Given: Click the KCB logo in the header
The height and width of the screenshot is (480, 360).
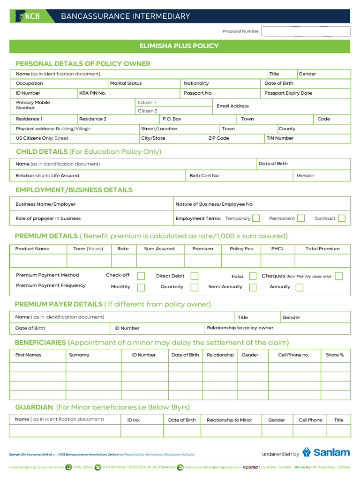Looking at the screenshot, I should (28, 16).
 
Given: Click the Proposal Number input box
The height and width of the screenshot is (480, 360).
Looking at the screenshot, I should (306, 31).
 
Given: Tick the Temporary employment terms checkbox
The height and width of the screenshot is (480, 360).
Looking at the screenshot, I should (256, 218).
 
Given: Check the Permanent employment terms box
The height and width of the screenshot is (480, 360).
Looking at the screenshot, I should (301, 218).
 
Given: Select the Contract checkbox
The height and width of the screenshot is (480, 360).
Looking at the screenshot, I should (342, 218).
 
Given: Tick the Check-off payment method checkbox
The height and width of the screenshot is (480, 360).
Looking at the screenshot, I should (141, 276).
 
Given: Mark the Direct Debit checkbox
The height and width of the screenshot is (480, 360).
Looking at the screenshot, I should (195, 276).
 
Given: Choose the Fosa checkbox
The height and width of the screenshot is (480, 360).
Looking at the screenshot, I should (253, 276).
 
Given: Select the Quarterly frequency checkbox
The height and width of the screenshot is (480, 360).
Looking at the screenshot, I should (195, 287).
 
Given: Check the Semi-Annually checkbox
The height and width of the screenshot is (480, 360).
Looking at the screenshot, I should (253, 287).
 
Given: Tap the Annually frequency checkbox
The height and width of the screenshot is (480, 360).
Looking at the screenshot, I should (300, 287).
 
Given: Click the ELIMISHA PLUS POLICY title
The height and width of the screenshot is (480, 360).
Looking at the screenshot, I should (179, 46).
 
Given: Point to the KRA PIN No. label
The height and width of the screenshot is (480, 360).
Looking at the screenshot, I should (92, 93).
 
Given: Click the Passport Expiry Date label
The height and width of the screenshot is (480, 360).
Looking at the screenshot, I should (288, 93).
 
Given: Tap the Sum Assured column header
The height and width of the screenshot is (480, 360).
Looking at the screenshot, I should (159, 249).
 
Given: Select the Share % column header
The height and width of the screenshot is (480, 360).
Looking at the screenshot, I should (335, 355).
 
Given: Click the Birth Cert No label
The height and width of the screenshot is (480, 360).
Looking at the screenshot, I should (204, 176).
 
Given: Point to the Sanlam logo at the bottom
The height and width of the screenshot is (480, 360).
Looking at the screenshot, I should (326, 452).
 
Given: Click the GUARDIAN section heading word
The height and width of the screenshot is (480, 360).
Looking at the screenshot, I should (34, 407).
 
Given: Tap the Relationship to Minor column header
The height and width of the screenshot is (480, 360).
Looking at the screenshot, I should (229, 420).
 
